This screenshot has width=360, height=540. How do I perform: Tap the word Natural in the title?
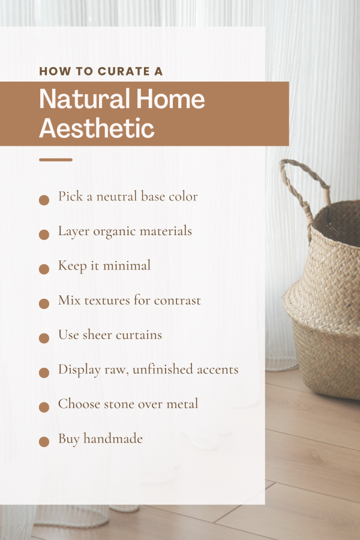tap(85, 99)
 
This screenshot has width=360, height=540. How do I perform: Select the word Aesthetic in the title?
tap(97, 128)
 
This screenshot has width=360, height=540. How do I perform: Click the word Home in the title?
tap(170, 99)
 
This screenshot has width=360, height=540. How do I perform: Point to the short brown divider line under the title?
tap(55, 160)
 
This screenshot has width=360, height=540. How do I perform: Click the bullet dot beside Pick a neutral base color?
tap(44, 200)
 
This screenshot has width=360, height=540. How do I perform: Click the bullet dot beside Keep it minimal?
tap(44, 269)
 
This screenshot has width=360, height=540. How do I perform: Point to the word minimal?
tap(127, 266)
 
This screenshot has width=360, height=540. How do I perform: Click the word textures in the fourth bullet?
tap(107, 301)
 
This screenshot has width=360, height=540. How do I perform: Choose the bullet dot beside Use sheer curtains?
tap(44, 338)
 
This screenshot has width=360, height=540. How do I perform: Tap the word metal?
tap(182, 404)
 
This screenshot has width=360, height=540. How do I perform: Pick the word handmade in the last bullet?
tap(113, 439)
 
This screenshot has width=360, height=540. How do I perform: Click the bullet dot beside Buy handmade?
tap(44, 442)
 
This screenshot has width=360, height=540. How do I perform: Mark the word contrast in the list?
tap(177, 301)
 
